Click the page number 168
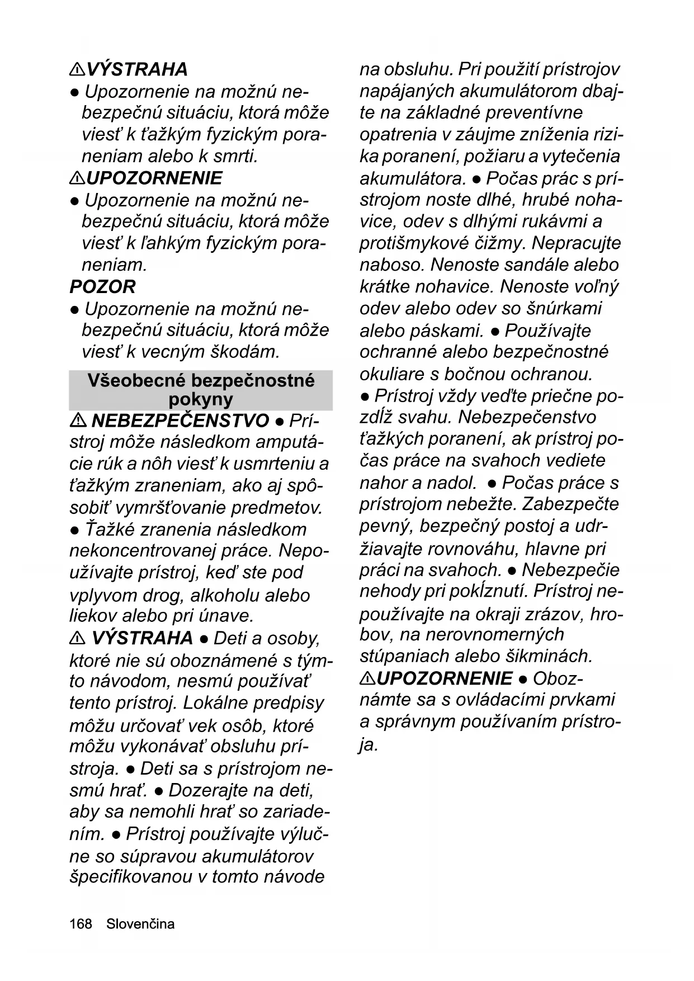[x=81, y=924]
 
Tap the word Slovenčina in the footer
[x=140, y=924]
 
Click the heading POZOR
[x=102, y=287]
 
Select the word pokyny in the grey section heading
[x=200, y=399]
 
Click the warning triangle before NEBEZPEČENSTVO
[x=77, y=420]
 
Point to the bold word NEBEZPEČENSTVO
[x=180, y=421]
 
